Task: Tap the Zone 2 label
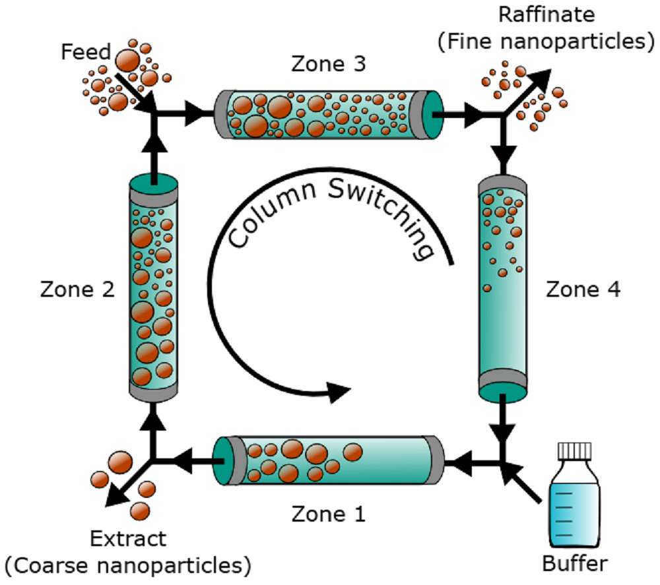click(79, 290)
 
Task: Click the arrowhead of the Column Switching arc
click(340, 390)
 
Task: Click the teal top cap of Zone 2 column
click(153, 181)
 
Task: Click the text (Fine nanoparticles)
click(541, 40)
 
